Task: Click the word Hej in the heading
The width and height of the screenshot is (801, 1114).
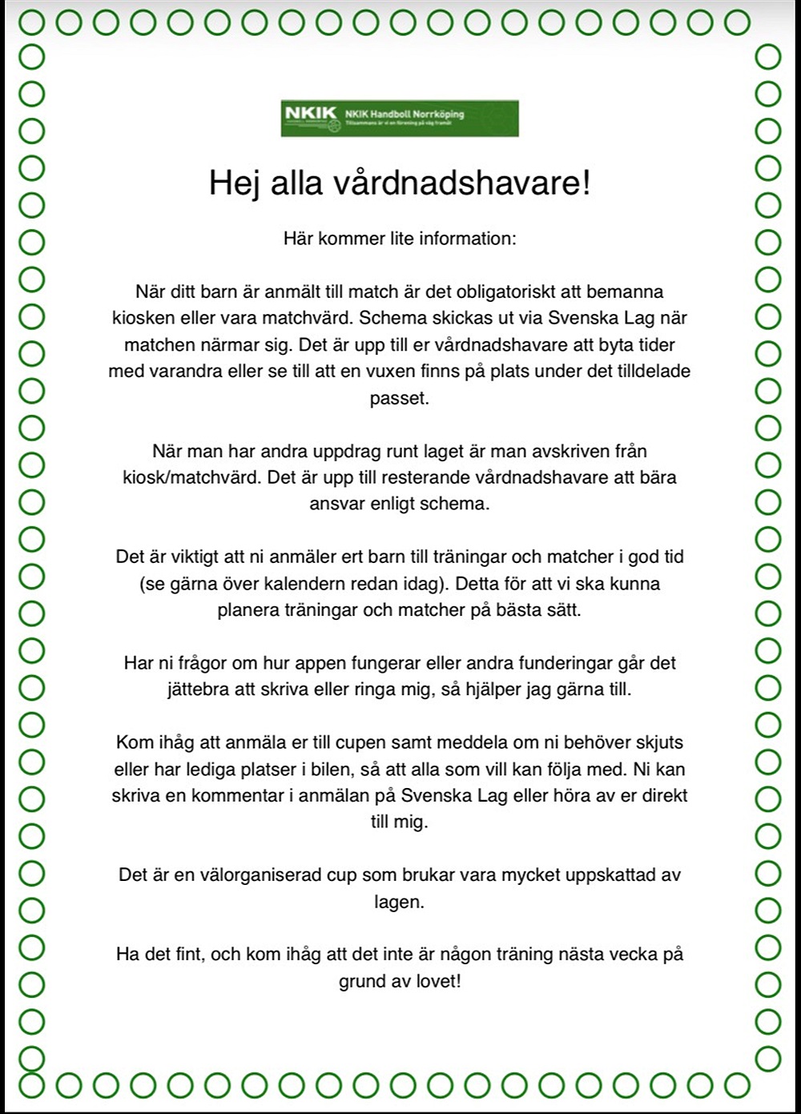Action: click(232, 183)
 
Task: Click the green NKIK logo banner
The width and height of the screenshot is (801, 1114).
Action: click(400, 119)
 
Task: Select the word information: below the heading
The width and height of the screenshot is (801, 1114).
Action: click(468, 239)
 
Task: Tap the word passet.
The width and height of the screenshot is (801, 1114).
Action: click(399, 399)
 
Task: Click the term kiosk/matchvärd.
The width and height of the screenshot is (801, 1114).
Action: click(192, 477)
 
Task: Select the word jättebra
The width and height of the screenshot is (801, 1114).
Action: click(198, 690)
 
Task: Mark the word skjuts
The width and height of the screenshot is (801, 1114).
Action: click(657, 742)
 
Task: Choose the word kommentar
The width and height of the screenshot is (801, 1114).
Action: click(244, 796)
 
